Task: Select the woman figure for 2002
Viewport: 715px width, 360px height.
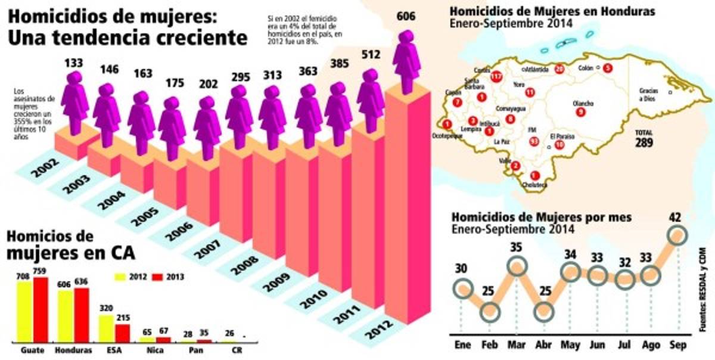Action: [74, 101]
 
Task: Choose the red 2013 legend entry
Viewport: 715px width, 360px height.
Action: [168, 277]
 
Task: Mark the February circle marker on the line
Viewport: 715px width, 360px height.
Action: [490, 311]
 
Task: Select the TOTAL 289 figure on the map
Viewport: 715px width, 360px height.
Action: [643, 140]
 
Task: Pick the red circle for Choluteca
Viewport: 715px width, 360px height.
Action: [534, 175]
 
